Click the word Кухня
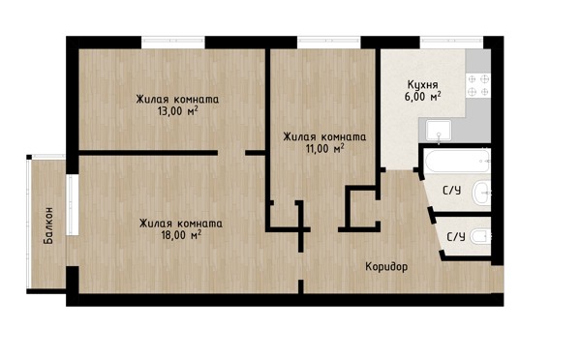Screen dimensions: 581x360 click(x=423, y=85)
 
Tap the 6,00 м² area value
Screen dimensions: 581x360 click(x=423, y=97)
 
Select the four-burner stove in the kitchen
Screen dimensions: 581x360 click(x=478, y=85)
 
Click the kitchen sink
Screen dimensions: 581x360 click(x=439, y=131)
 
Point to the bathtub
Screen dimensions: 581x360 click(x=458, y=161)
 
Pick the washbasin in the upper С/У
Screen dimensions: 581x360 click(x=481, y=192)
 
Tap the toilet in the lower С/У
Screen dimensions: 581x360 click(x=480, y=236)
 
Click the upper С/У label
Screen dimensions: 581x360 click(x=452, y=191)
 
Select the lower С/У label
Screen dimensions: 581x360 click(x=456, y=237)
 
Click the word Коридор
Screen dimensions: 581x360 click(x=386, y=267)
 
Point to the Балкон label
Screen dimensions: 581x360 click(x=48, y=225)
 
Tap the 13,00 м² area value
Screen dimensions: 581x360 click(x=177, y=111)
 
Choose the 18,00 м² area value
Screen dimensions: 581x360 click(x=182, y=235)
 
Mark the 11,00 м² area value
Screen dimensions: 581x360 click(x=325, y=149)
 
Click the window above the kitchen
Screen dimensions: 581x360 click(x=451, y=43)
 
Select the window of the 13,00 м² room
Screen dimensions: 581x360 click(x=173, y=43)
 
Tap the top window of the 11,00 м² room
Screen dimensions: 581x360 click(x=329, y=43)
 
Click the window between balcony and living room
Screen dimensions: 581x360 click(x=73, y=205)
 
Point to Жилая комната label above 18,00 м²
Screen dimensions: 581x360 click(x=181, y=224)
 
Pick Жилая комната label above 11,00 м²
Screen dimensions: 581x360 click(x=324, y=137)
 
